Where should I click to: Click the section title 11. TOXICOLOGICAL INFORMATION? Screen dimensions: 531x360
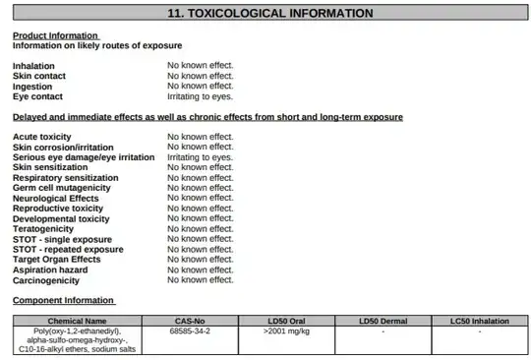(265, 14)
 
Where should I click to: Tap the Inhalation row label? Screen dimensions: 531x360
(33, 66)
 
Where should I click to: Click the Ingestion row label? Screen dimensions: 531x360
(33, 87)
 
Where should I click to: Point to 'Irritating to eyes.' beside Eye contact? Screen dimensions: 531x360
(200, 96)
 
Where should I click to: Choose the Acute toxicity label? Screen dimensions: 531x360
(42, 137)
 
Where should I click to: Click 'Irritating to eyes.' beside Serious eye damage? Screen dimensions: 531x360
(200, 157)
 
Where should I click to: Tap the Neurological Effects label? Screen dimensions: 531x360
(56, 198)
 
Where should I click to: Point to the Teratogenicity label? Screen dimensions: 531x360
(47, 228)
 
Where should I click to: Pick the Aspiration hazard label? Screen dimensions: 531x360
(50, 270)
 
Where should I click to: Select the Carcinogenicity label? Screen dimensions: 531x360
(46, 280)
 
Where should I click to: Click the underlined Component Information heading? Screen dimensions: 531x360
(63, 300)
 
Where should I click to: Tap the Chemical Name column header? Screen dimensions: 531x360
(77, 321)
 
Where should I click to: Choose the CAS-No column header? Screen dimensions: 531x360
(189, 321)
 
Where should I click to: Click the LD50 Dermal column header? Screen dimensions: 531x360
(382, 321)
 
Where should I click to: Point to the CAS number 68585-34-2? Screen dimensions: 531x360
(190, 331)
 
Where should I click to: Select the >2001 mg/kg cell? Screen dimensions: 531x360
(286, 331)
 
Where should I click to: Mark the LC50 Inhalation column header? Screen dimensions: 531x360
(479, 321)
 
